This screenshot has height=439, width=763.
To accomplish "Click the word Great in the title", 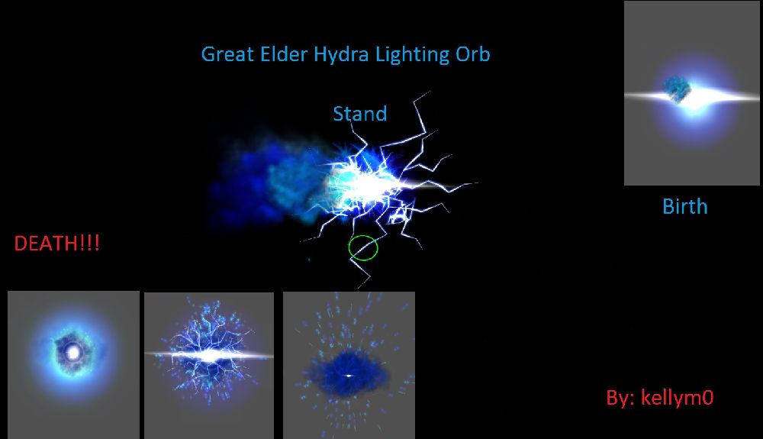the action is (x=227, y=54).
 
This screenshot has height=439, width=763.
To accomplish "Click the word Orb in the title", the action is (x=472, y=54).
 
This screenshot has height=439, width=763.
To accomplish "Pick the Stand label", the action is (x=360, y=114).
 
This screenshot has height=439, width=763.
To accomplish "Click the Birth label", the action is (x=684, y=207).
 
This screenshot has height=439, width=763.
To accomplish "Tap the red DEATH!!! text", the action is (x=57, y=243).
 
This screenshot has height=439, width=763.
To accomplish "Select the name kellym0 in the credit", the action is (x=677, y=398).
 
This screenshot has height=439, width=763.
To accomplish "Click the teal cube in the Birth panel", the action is (x=677, y=89).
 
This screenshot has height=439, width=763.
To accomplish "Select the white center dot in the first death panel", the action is (x=73, y=353).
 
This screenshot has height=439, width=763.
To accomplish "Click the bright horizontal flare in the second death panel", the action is (x=209, y=355).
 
